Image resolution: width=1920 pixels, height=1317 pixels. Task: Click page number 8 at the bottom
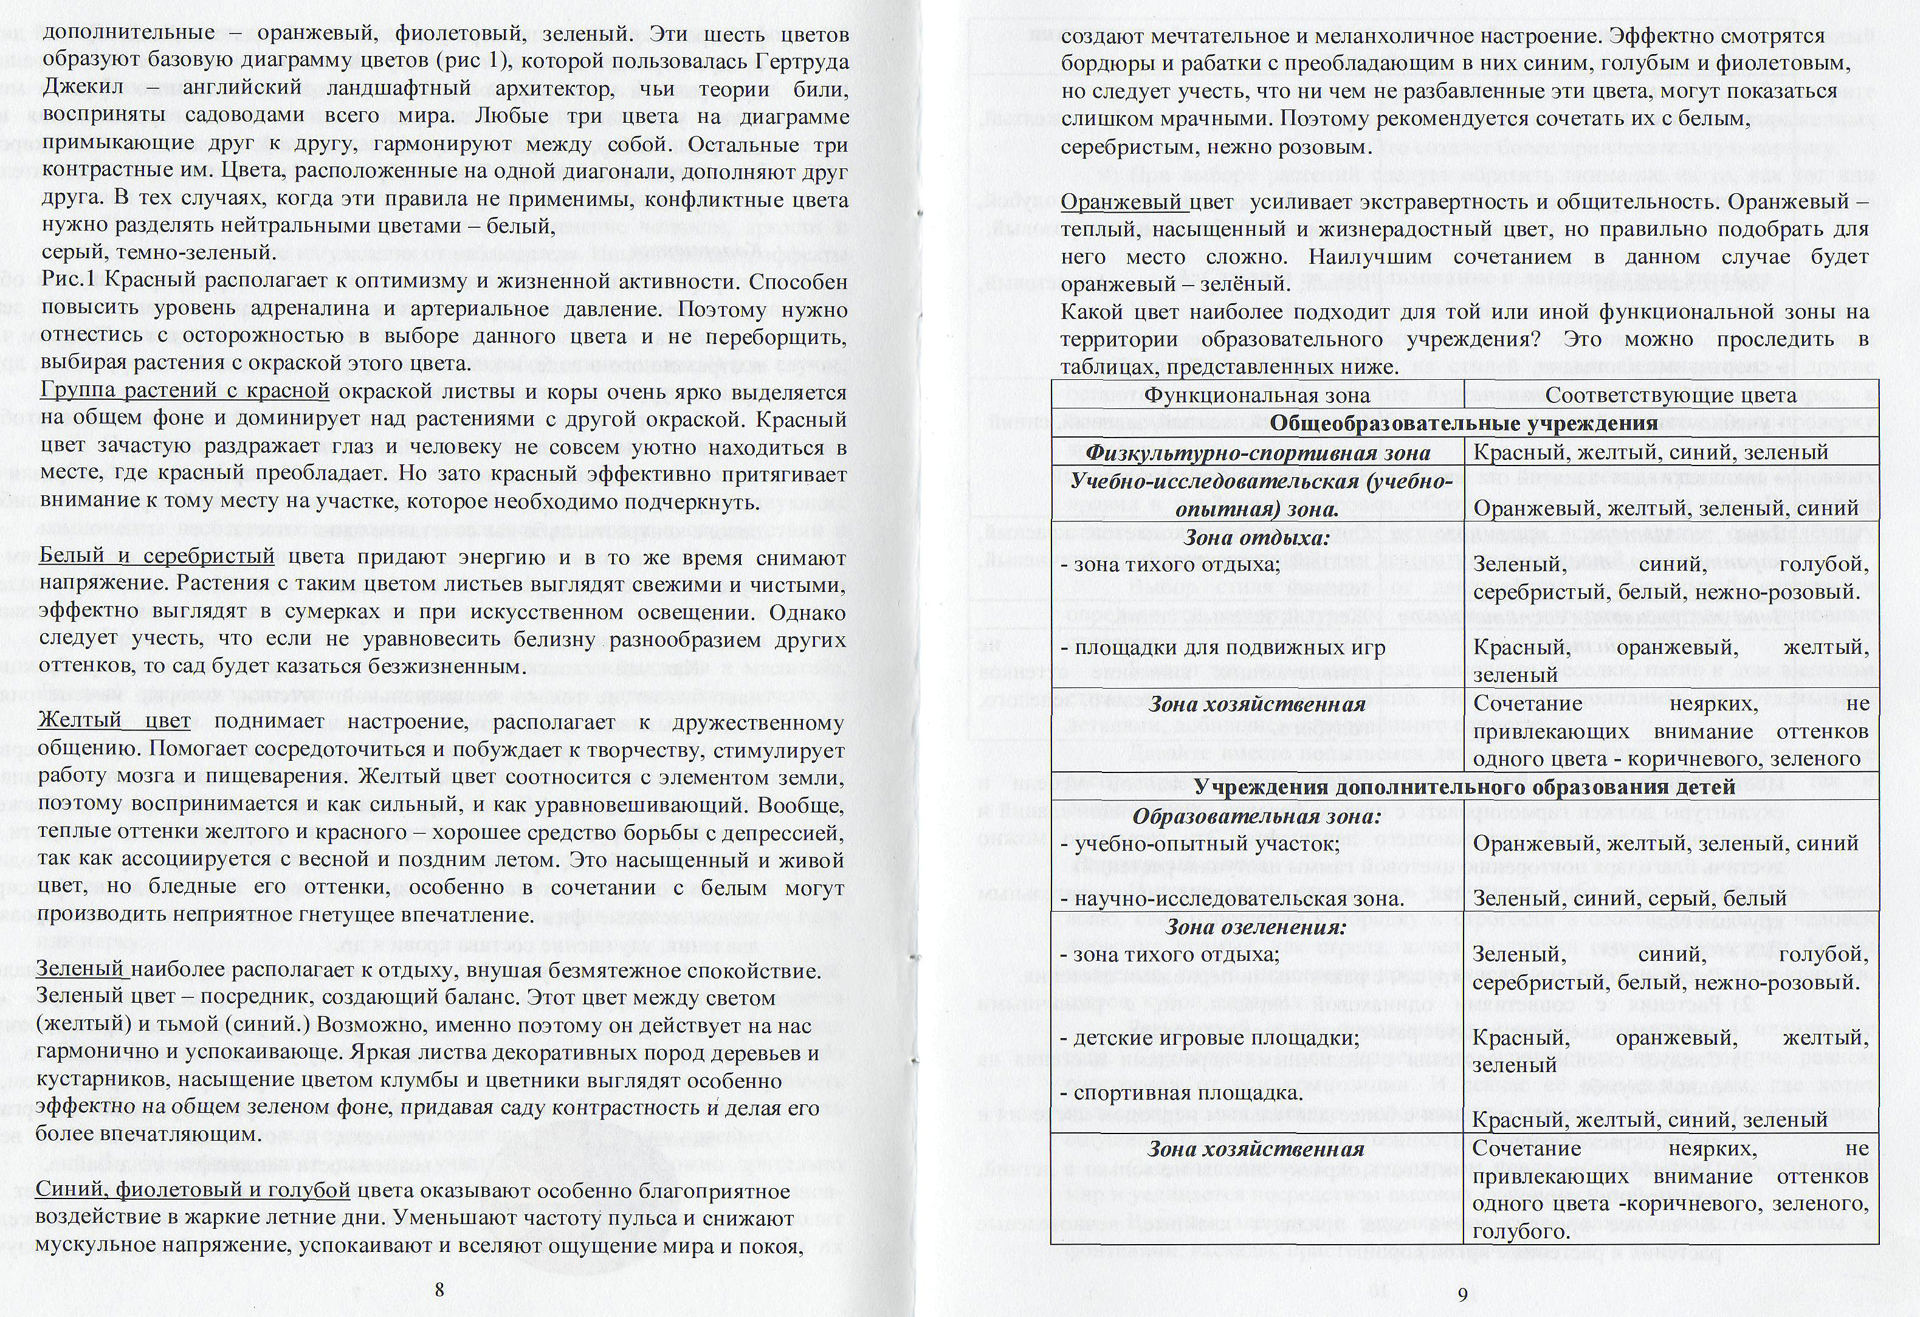(439, 1290)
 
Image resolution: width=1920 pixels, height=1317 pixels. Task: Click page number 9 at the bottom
(1462, 1294)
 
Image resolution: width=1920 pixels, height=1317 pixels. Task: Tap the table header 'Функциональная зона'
(1256, 395)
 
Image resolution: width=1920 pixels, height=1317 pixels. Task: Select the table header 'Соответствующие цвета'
(1670, 395)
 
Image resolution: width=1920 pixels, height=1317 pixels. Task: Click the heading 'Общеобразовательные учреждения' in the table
(1463, 424)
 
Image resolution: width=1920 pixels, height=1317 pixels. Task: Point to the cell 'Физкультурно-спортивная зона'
(1256, 453)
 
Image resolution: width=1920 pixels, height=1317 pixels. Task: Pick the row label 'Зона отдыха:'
(1256, 538)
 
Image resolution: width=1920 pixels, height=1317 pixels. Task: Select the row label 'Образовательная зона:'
(1256, 816)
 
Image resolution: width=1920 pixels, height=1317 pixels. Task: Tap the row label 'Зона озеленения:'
(1256, 926)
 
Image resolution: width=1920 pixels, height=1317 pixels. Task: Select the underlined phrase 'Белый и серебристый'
(157, 556)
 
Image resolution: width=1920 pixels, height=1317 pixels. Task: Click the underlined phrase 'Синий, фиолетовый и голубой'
(194, 1191)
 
